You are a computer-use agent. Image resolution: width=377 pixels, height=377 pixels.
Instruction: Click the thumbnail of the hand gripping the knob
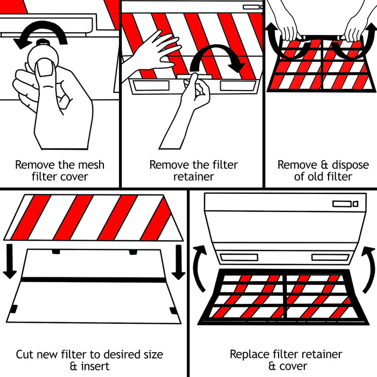pyautogui.click(x=44, y=68)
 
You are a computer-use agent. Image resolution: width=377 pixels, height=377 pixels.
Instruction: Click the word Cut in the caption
pyautogui.click(x=26, y=354)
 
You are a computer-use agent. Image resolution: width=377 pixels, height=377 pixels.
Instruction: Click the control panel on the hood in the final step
pyautogui.click(x=345, y=204)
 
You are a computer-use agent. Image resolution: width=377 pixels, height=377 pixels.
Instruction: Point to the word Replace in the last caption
pyautogui.click(x=249, y=354)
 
